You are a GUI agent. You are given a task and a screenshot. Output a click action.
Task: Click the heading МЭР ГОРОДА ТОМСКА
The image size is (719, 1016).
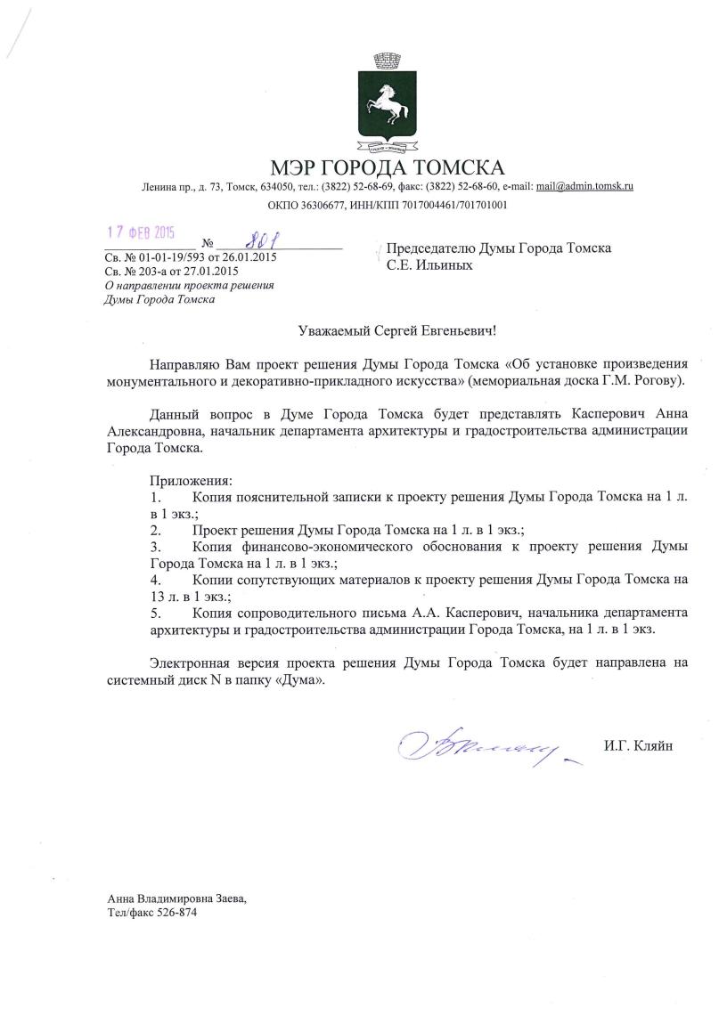[388, 167]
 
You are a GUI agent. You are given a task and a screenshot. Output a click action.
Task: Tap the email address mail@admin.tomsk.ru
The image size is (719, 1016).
[584, 187]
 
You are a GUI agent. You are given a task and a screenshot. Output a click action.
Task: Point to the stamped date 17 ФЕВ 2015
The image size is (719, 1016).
[141, 233]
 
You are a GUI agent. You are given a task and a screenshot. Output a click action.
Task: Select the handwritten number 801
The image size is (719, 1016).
[257, 240]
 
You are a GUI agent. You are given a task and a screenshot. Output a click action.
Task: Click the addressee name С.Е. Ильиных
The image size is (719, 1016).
[429, 264]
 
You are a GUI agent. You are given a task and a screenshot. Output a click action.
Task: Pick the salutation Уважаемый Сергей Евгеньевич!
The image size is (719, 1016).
[396, 330]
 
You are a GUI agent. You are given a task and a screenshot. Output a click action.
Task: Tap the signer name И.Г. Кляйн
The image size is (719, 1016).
[638, 745]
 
